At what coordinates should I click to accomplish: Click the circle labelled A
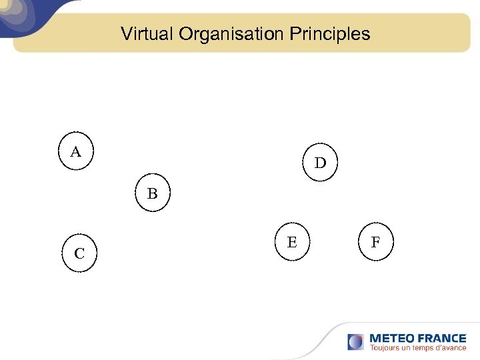[76, 152]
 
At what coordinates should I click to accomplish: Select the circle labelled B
[153, 194]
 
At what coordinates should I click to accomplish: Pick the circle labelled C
[79, 253]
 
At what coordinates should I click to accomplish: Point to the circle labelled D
[320, 163]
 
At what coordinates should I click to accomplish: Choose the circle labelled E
[292, 243]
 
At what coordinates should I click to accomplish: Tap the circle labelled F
[375, 243]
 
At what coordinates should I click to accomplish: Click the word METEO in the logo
[391, 338]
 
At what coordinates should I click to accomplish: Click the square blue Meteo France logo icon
[355, 342]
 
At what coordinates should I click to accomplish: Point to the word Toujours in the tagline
[385, 347]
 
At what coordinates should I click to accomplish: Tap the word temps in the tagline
[425, 347]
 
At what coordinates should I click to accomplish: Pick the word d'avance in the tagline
[452, 347]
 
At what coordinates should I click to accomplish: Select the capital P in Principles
[295, 34]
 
